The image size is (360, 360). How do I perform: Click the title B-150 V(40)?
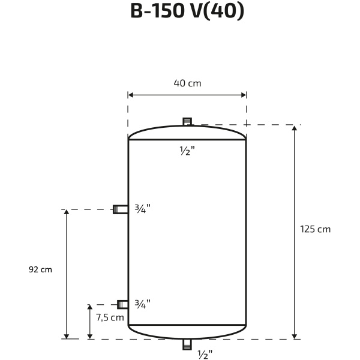click(x=187, y=11)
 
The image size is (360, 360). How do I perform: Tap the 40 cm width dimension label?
click(x=187, y=83)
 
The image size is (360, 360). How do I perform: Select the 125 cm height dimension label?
click(x=316, y=229)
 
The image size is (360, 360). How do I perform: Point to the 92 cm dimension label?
click(x=40, y=269)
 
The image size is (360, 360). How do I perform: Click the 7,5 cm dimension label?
click(x=110, y=317)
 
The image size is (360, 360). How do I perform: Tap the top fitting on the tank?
click(x=187, y=121)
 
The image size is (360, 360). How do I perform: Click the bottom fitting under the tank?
click(x=187, y=344)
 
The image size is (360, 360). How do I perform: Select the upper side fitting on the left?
click(x=121, y=209)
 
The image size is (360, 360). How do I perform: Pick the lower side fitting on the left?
click(x=122, y=304)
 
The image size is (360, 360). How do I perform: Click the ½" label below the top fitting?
click(x=187, y=151)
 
